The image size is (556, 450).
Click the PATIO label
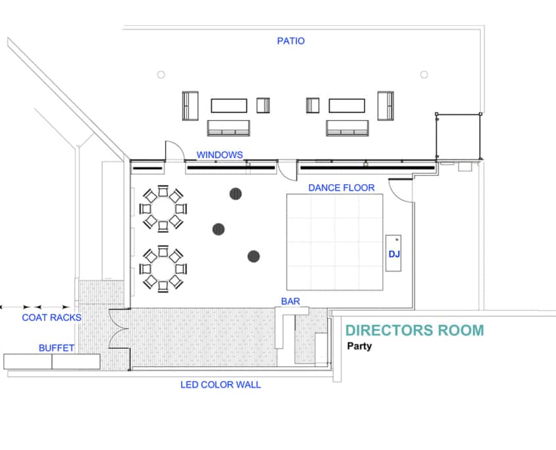[x=290, y=41]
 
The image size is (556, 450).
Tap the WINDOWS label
[x=220, y=155]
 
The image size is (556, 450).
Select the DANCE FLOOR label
[x=341, y=187]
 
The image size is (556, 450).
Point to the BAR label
[x=290, y=301]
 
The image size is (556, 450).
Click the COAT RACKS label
[x=51, y=318]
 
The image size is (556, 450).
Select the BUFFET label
[x=56, y=348]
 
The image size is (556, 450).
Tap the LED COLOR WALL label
[x=220, y=384]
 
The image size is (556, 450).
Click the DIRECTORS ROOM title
[x=415, y=330]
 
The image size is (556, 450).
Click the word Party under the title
[x=359, y=346]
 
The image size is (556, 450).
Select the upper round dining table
[x=163, y=209]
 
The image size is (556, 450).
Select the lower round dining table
[x=163, y=268]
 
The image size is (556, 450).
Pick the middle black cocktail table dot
[x=218, y=229]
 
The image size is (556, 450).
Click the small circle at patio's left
[x=161, y=75]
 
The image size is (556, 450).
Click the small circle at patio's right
[x=424, y=74]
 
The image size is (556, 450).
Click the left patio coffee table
[x=229, y=105]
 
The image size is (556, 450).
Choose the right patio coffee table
[x=347, y=105]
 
